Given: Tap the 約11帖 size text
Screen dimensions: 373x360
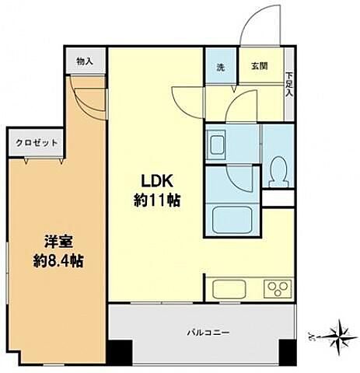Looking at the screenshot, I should tap(158, 200).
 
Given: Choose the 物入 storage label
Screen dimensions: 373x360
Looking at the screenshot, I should tap(86, 61).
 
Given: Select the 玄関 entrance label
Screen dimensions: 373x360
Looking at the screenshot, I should tap(259, 65).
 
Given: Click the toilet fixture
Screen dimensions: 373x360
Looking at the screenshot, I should tap(278, 172).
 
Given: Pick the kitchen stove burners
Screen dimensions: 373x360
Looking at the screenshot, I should tap(276, 288).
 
